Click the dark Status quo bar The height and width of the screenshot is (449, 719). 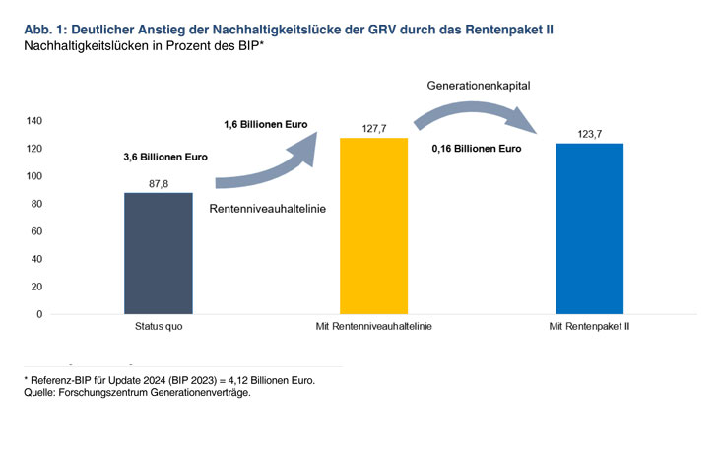(158, 253)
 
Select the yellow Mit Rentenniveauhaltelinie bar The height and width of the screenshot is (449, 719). (373, 225)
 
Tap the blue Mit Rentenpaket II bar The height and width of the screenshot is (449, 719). (589, 228)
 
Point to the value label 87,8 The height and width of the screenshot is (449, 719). (158, 183)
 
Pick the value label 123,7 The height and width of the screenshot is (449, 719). (589, 133)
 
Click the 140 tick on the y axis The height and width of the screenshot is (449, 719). (35, 121)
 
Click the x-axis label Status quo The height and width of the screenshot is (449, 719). (158, 327)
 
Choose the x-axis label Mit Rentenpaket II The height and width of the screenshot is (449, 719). (589, 327)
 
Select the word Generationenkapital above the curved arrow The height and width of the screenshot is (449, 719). (479, 87)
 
